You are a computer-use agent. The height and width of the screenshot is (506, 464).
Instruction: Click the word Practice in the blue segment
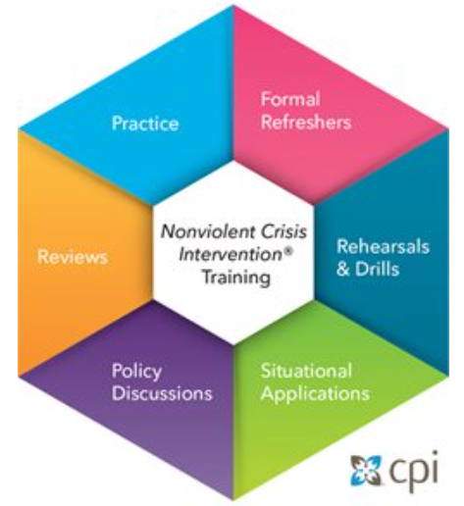tap(145, 124)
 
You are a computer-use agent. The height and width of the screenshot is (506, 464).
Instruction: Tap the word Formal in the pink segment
tap(290, 99)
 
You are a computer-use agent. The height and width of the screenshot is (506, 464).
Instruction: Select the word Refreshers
tap(306, 122)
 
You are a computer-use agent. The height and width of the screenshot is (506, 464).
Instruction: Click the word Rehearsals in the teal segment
tap(383, 246)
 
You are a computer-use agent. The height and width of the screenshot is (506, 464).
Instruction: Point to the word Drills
tap(378, 269)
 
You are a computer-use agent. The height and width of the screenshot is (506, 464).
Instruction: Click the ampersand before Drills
tap(343, 270)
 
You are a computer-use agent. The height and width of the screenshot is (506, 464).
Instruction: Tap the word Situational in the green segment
tap(306, 371)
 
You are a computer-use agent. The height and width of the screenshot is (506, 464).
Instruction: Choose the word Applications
tap(315, 393)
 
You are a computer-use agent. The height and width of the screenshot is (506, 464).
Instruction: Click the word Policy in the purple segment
tap(136, 372)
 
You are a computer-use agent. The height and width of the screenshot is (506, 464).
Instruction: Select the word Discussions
tap(162, 393)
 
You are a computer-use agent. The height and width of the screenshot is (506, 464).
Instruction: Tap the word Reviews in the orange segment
tap(73, 257)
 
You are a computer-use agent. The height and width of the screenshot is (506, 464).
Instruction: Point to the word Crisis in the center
tap(284, 231)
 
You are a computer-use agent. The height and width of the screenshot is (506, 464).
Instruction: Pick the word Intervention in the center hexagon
tap(231, 254)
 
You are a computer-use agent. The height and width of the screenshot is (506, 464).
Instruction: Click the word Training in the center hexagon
tap(236, 278)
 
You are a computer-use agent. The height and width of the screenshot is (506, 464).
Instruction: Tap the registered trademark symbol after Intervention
tap(287, 250)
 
